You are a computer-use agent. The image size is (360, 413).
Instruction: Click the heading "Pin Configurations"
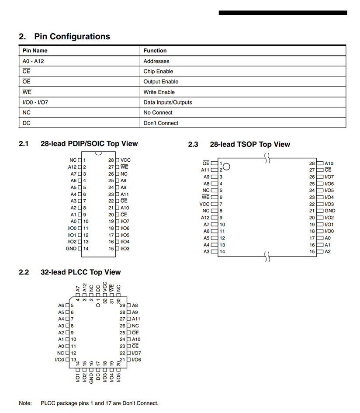point(72,37)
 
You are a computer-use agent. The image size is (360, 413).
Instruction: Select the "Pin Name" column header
point(35,51)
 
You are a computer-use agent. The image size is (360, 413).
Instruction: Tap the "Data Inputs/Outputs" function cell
point(168,102)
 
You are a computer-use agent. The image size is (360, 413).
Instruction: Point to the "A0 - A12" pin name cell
point(33,61)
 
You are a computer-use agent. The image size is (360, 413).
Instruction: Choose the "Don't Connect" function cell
point(161,123)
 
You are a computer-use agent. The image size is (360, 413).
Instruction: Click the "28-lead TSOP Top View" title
point(249,144)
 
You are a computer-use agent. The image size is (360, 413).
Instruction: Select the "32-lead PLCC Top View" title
point(80,272)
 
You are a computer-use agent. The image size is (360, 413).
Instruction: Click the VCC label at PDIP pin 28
point(125,160)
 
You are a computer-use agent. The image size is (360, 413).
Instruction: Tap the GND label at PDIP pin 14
point(71,249)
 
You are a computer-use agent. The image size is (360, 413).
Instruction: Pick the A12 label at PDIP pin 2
point(72,167)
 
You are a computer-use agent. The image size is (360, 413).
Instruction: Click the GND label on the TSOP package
point(330,211)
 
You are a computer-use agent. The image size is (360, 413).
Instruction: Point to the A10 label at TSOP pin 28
point(329,163)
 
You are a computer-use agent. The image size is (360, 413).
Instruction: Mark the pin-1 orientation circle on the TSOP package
point(227,167)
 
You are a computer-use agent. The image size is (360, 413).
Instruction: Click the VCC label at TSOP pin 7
point(204,204)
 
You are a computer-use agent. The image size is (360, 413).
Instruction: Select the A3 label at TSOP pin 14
point(207,252)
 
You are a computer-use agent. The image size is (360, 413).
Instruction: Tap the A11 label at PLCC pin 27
point(136,319)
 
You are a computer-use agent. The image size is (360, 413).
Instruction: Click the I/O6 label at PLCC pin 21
point(136,360)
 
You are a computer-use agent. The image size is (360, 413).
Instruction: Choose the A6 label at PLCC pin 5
point(61,305)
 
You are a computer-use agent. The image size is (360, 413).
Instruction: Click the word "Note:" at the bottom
point(25,403)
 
